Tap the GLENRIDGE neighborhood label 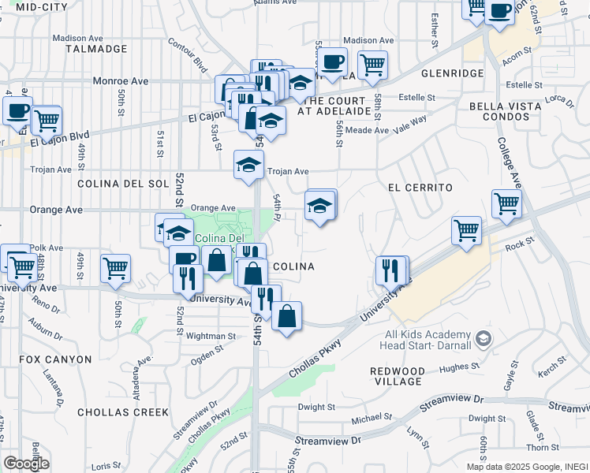pyautogui.click(x=453, y=73)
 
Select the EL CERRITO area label pyautogui.click(x=420, y=188)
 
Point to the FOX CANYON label pyautogui.click(x=56, y=359)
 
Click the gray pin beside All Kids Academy pyautogui.click(x=484, y=340)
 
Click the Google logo pyautogui.click(x=25, y=463)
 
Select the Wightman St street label pyautogui.click(x=212, y=336)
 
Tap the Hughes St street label pyautogui.click(x=454, y=367)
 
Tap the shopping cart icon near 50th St pyautogui.click(x=115, y=268)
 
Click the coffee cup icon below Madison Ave pyautogui.click(x=332, y=61)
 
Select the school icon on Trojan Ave pyautogui.click(x=248, y=165)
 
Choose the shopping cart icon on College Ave pyautogui.click(x=506, y=203)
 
